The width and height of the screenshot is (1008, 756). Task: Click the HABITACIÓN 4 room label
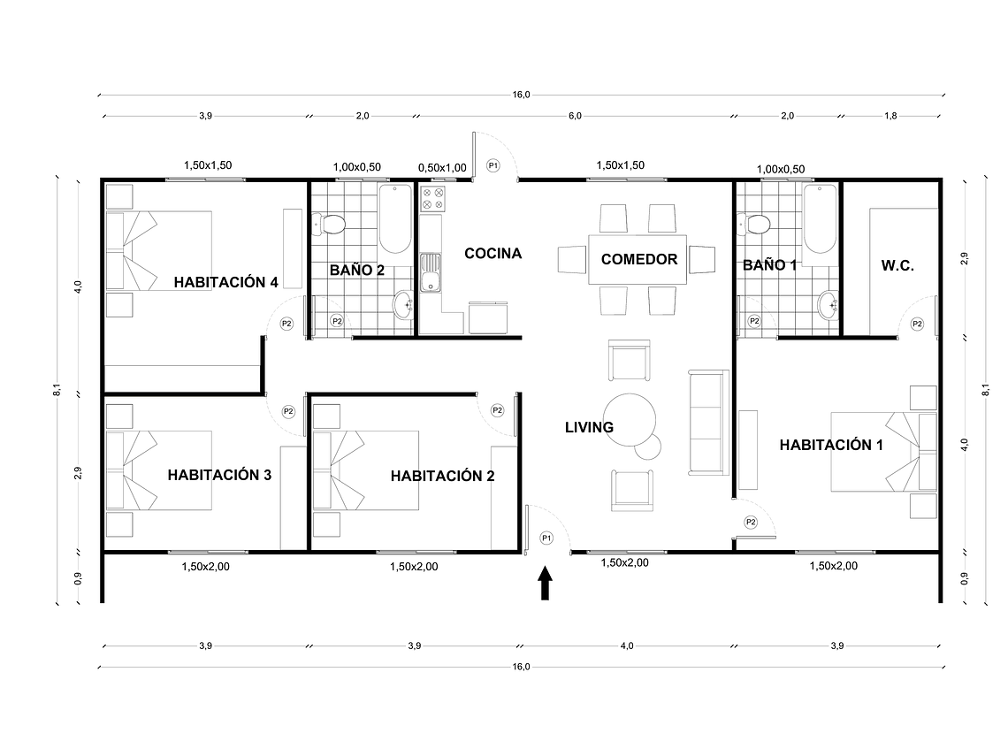(x=226, y=283)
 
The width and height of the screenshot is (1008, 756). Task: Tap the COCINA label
(x=493, y=254)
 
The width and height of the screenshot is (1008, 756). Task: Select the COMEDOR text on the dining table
(x=639, y=259)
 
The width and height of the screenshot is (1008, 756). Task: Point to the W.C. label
(x=897, y=265)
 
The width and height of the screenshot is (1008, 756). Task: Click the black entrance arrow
(x=546, y=584)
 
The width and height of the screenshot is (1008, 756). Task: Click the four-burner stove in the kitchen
(x=433, y=199)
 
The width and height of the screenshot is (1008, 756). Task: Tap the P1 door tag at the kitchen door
(x=493, y=165)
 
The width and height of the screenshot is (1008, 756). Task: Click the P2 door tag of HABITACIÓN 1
(x=751, y=522)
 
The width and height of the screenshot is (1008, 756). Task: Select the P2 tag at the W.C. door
(x=917, y=324)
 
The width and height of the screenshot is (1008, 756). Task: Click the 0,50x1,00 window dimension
(x=441, y=166)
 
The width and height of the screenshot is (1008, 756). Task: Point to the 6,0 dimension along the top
(x=575, y=116)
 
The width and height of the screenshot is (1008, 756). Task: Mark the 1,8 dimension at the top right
(x=890, y=116)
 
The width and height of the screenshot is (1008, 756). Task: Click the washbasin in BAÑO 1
(x=829, y=306)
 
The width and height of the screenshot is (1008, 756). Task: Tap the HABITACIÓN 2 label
(x=442, y=476)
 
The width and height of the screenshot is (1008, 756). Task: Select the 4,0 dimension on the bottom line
(x=626, y=646)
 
